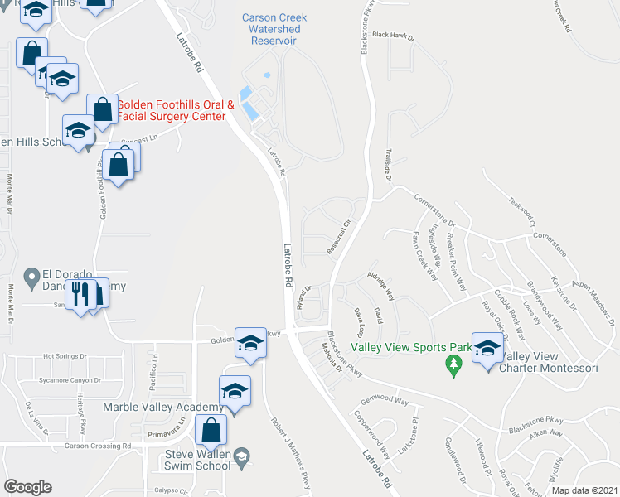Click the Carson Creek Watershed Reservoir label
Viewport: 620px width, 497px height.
pyautogui.click(x=272, y=29)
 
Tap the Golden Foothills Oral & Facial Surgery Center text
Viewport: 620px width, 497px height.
pyautogui.click(x=175, y=111)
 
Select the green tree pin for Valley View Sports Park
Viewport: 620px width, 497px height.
pyautogui.click(x=453, y=364)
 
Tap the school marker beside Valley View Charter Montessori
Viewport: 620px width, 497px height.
pyautogui.click(x=489, y=348)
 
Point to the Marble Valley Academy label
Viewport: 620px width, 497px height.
pyautogui.click(x=163, y=407)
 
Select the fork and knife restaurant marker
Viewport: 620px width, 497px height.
pyautogui.click(x=81, y=295)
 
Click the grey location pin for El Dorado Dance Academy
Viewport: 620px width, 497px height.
pyautogui.click(x=31, y=276)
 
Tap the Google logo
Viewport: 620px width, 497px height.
pyautogui.click(x=27, y=487)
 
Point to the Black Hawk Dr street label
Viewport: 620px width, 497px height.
pyautogui.click(x=393, y=36)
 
